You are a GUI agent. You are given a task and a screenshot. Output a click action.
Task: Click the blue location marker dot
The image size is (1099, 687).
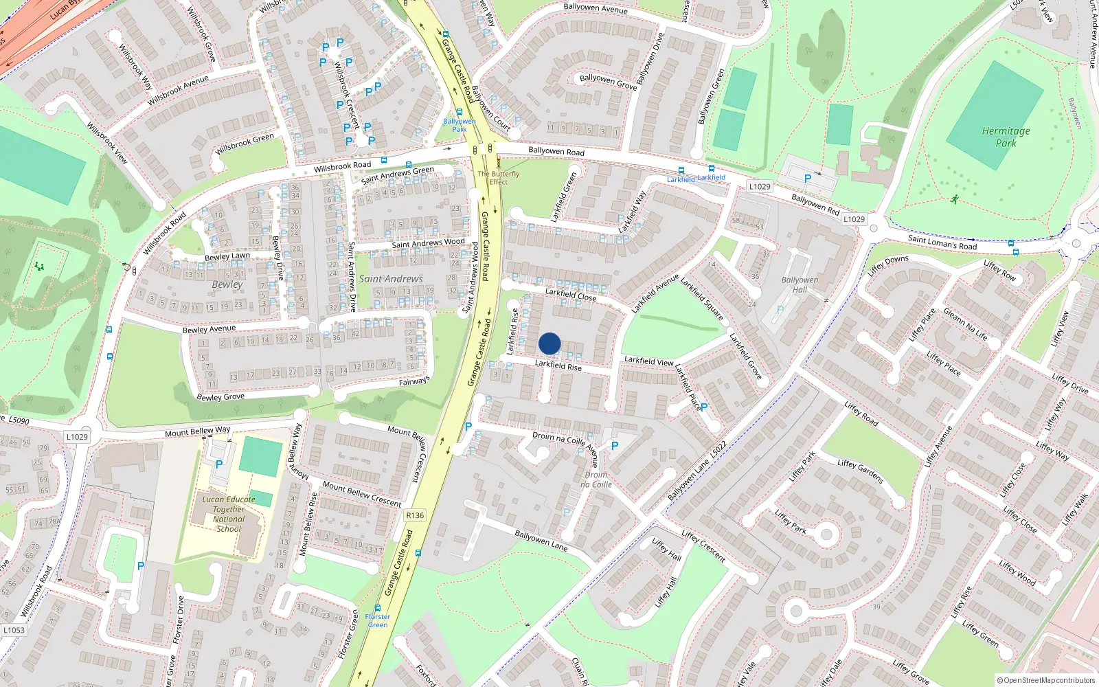coord(549,343)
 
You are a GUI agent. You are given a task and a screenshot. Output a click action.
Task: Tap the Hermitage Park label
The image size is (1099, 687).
coord(1006,137)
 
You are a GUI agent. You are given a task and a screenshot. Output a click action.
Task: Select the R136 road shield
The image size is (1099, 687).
coord(415,515)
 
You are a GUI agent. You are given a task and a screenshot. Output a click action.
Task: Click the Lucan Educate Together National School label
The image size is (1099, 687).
coord(229,514)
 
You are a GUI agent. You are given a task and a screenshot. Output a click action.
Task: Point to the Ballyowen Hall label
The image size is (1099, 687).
coord(800,284)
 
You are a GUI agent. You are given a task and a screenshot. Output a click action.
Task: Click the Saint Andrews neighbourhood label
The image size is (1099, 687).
coord(391,279)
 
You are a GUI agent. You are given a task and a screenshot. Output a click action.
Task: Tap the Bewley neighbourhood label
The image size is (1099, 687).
coord(227,284)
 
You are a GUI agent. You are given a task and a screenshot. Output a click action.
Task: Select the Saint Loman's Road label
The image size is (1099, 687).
coord(942,242)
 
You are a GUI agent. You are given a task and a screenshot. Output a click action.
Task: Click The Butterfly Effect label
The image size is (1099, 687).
coord(499,178)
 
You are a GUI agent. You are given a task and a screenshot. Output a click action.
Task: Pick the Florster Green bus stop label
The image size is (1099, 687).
coord(377,620)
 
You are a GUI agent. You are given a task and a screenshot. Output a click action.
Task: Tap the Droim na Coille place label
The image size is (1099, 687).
coord(596,480)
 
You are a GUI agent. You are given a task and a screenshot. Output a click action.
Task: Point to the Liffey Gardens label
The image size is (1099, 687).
coord(860,471)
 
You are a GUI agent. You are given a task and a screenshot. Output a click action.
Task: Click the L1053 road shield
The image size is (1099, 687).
coord(14,630)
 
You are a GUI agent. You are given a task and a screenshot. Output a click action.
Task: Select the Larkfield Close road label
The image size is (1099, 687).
coord(571,294)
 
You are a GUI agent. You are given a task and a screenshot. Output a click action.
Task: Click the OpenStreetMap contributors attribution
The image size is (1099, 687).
coord(1046,681)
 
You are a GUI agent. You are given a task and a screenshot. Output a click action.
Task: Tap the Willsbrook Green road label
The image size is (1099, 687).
coord(245,144)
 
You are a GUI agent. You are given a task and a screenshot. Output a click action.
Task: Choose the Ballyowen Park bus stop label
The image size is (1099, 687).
coord(459,125)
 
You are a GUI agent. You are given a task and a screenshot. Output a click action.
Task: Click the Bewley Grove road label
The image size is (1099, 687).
coord(220,397)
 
